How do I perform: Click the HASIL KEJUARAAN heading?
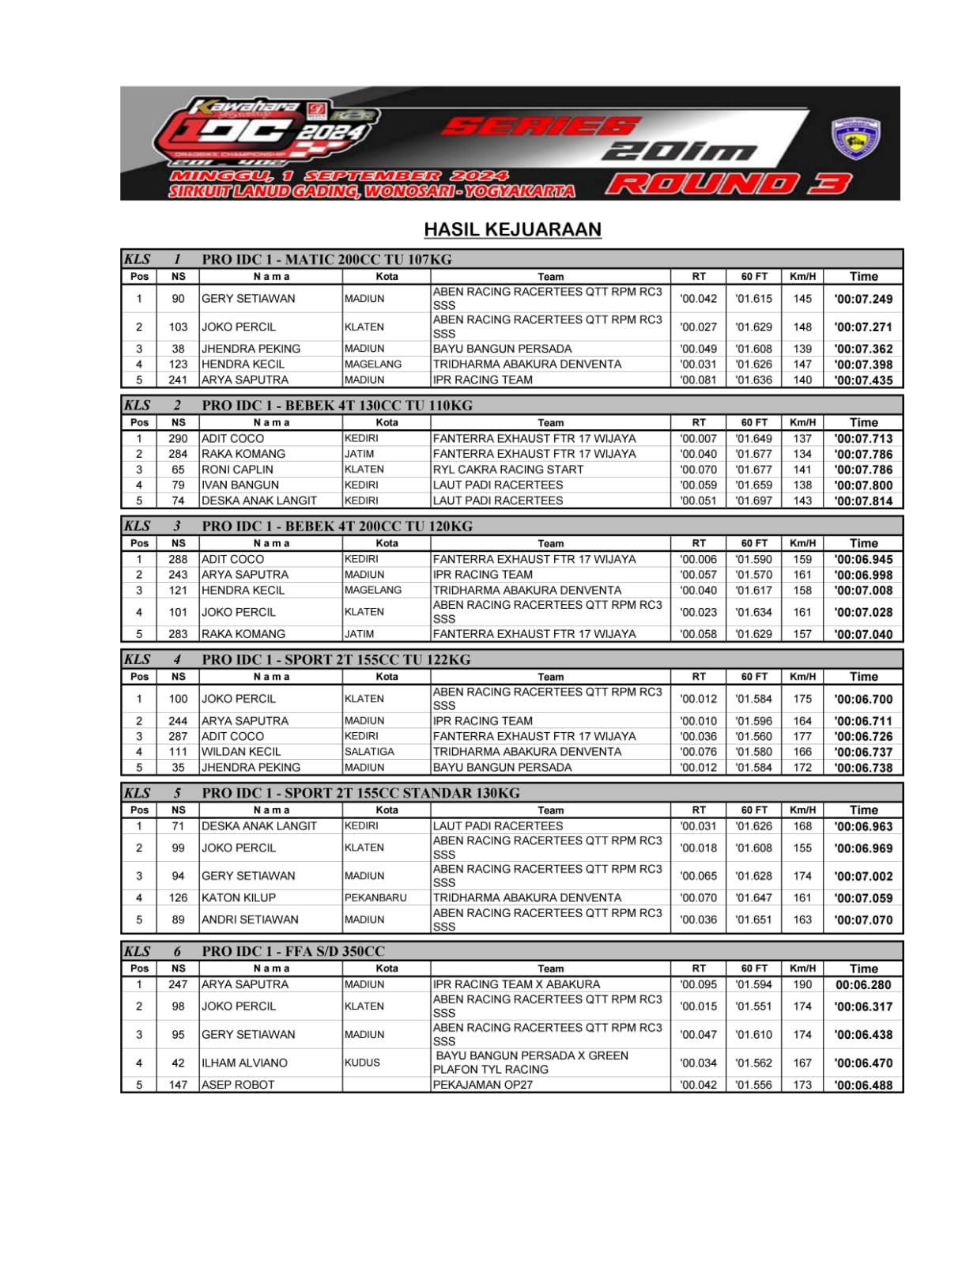tap(512, 229)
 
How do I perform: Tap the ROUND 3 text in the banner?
tap(728, 184)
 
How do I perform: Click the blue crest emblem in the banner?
tap(856, 138)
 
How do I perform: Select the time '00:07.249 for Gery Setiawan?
tap(863, 299)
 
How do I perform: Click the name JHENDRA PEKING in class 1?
tap(251, 349)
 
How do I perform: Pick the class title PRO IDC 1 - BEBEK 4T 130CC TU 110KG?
tap(337, 406)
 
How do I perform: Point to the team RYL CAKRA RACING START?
tap(507, 470)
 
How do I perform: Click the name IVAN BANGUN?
tap(240, 485)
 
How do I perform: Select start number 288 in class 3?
tap(178, 559)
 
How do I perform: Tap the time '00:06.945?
tap(863, 560)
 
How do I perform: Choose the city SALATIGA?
tap(369, 752)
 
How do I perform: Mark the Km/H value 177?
tap(802, 736)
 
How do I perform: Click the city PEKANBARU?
tap(375, 898)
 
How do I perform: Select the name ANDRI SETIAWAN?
tap(250, 919)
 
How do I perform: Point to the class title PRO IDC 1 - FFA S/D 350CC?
tap(293, 951)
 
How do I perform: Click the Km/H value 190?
tap(802, 984)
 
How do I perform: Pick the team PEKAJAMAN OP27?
tap(483, 1085)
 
